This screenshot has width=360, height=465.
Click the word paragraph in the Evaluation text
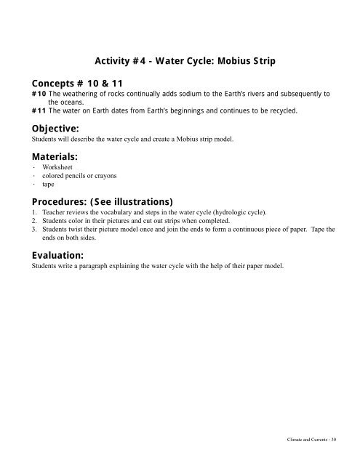pos(95,266)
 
